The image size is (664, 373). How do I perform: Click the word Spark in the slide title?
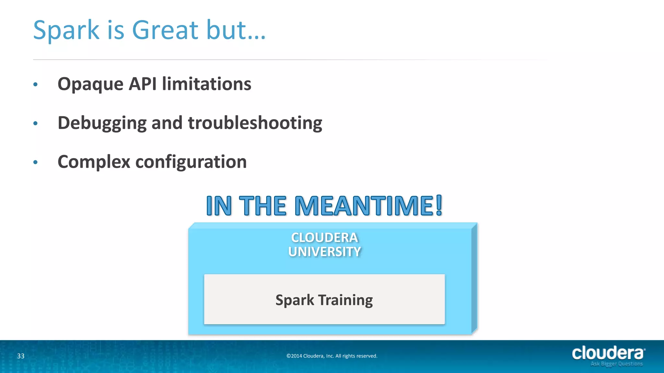tap(66, 30)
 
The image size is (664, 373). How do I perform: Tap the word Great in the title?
tap(165, 30)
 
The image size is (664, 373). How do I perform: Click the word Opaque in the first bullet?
tap(90, 85)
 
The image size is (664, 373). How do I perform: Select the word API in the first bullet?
tap(143, 84)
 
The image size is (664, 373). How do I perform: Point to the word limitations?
tap(207, 84)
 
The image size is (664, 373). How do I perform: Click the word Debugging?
tap(102, 123)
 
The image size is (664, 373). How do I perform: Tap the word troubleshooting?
tap(255, 123)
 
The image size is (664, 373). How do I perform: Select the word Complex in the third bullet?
tap(94, 162)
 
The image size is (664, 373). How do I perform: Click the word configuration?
tap(191, 162)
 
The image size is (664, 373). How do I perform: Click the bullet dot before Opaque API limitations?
tap(36, 85)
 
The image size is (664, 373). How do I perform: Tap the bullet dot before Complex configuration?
tap(36, 162)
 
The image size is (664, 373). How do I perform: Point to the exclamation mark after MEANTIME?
tap(439, 205)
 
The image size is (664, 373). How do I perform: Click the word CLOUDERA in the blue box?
tap(325, 238)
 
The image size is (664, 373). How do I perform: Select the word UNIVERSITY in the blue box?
tap(325, 252)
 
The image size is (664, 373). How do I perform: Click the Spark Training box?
tap(324, 300)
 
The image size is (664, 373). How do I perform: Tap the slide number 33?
tap(21, 356)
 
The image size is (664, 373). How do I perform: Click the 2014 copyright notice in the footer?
tap(332, 356)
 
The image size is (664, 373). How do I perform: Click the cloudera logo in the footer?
tap(608, 353)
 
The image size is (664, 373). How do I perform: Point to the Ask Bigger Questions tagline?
tap(616, 364)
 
